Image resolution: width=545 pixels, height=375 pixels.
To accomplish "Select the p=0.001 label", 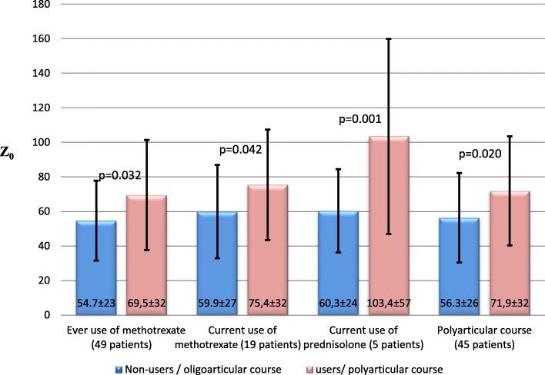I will tap(363, 119).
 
